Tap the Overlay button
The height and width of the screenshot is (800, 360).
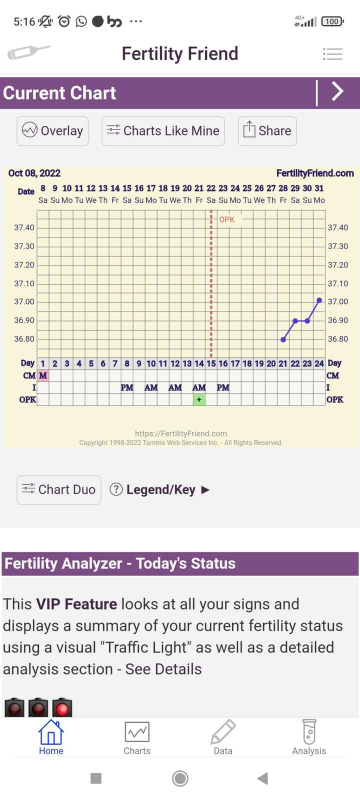point(52,131)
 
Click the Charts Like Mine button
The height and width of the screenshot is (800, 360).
point(163,131)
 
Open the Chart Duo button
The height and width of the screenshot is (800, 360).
point(59,489)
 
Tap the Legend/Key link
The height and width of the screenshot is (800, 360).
point(160,489)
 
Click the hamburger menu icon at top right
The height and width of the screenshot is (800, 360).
point(332,53)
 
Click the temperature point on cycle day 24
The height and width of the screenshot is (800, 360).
point(319,300)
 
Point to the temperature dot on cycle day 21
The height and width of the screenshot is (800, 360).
point(283,339)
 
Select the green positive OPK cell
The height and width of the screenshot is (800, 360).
point(199,399)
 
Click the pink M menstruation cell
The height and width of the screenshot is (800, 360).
point(43,375)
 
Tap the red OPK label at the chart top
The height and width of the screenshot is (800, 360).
point(227,219)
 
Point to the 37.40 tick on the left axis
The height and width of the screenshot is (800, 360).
point(24,228)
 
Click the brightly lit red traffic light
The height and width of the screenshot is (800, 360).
point(62,708)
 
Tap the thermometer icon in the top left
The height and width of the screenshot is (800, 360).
point(28,52)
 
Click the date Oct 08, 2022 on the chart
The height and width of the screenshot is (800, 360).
point(34,173)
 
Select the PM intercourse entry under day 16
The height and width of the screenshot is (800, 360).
point(223,387)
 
